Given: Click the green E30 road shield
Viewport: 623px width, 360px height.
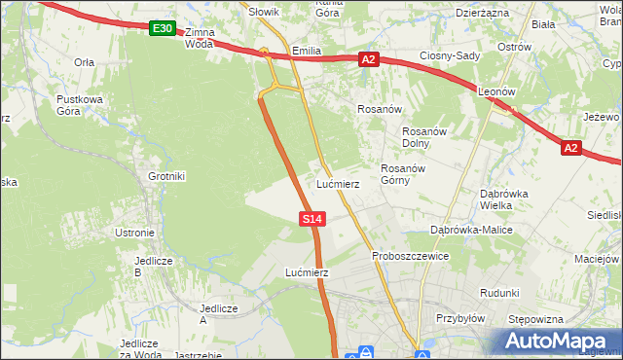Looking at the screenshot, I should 163,29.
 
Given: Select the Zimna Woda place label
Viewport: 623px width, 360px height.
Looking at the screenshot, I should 198,38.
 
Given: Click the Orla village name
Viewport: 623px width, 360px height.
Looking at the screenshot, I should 84,61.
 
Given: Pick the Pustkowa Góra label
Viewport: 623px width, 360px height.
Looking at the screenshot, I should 79,105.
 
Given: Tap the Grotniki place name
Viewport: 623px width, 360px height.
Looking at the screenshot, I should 166,176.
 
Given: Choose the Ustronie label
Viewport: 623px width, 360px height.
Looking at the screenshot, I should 134,233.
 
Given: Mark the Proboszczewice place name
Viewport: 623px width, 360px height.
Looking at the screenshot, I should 410,256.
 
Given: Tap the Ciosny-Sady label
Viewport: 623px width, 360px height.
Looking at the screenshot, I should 450,55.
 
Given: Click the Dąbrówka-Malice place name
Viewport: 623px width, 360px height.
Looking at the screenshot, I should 471,230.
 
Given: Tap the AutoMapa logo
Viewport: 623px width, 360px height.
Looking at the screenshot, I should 557,342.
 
